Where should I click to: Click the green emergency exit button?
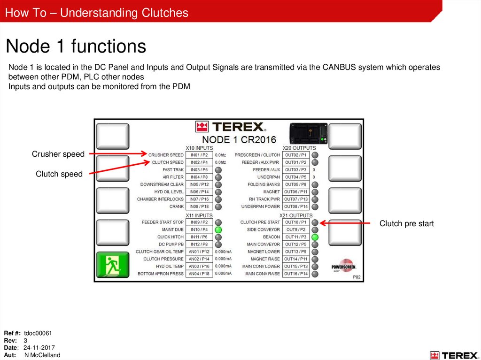point(113,265)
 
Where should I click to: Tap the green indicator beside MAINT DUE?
point(218,230)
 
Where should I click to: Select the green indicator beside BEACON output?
point(315,237)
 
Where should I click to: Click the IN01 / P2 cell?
point(199,155)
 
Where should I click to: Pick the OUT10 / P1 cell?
point(296,222)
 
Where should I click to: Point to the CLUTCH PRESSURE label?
point(163,259)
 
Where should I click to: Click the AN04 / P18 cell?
point(199,274)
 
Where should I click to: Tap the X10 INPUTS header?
point(199,148)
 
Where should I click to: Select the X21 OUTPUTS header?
point(296,215)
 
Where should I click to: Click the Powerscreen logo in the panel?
point(344,266)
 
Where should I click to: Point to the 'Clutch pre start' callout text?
point(406,223)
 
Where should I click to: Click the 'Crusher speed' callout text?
point(58,154)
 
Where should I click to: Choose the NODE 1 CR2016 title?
point(239,140)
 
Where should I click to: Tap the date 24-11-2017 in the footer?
point(39,348)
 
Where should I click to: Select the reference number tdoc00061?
point(38,333)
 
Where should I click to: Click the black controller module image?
point(309,133)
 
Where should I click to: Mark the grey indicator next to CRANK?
point(218,207)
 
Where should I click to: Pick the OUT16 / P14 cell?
point(296,274)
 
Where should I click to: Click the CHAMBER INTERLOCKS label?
point(160,199)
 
